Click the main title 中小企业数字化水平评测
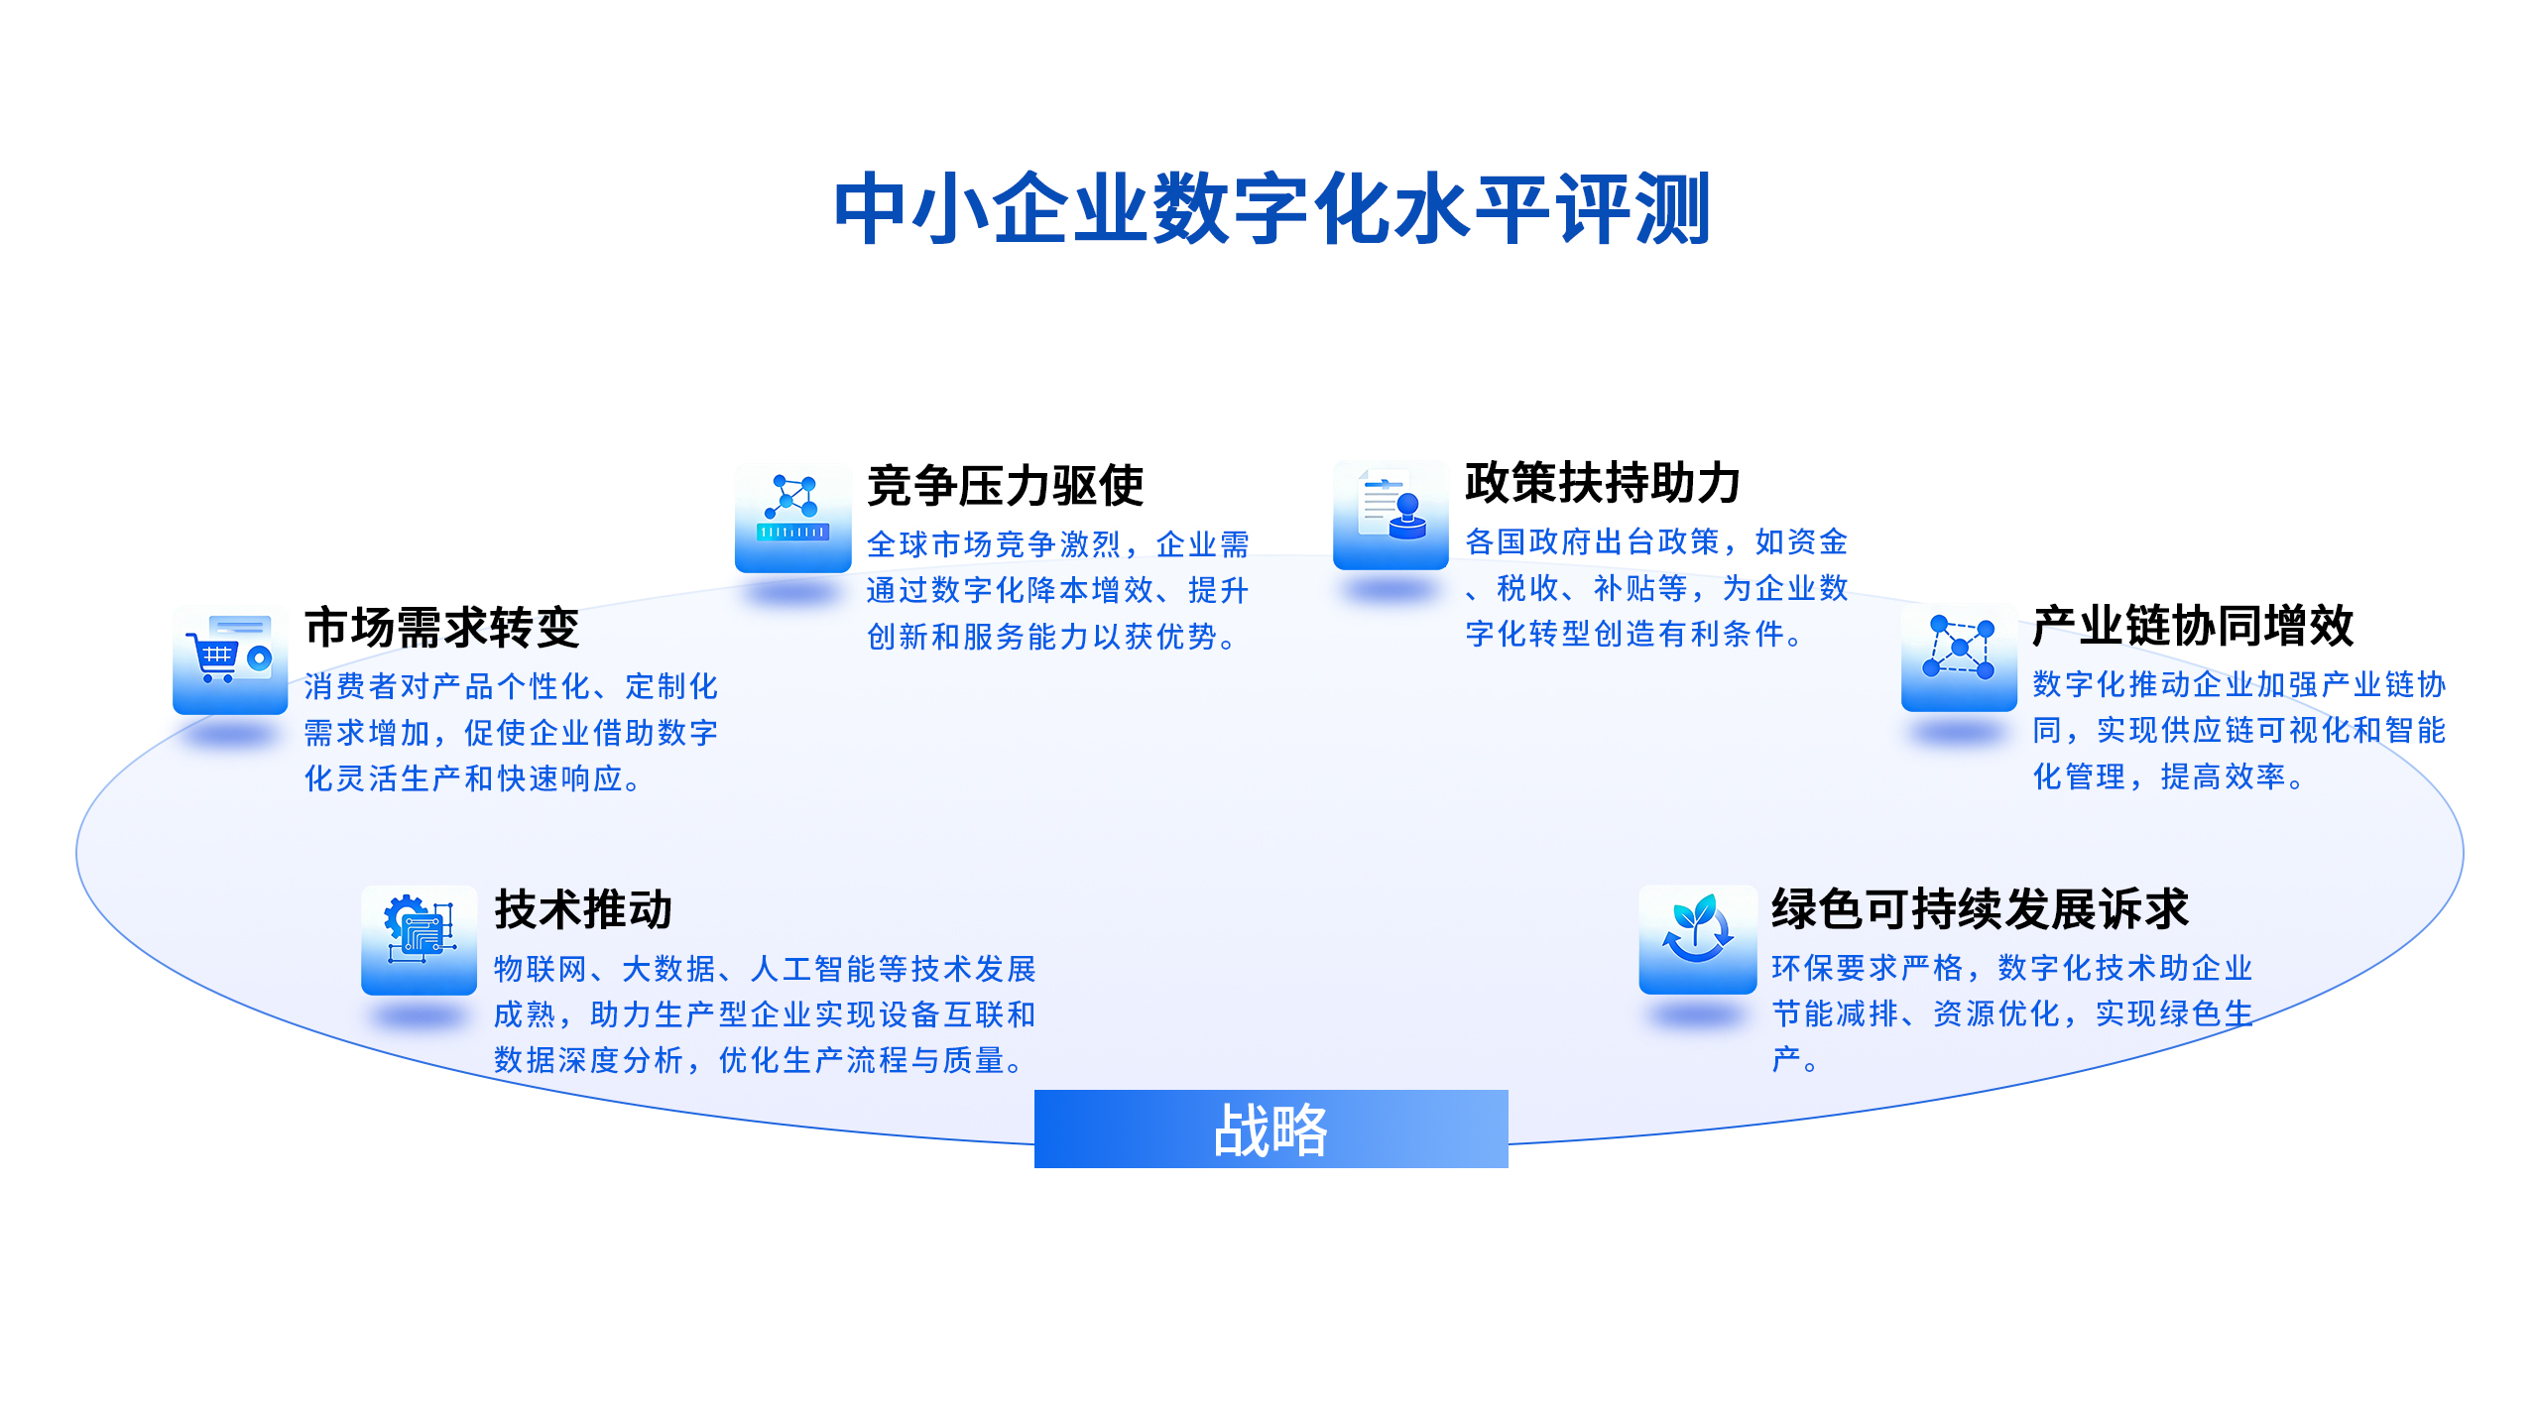tap(1271, 208)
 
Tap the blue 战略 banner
tap(1270, 1129)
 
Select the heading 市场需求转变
tap(441, 627)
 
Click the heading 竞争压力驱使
tap(1005, 485)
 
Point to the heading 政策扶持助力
tap(1603, 483)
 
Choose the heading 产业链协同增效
tap(2192, 626)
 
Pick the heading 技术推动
tap(583, 909)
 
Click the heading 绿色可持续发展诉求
tap(1980, 908)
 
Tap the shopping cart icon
tap(230, 659)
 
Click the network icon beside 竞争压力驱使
tap(792, 517)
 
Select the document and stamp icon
tap(1390, 515)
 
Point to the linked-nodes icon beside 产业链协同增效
tap(1959, 655)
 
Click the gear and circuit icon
tap(419, 940)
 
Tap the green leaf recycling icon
tap(1697, 939)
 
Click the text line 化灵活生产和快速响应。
tap(472, 778)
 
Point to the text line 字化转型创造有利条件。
tap(1633, 634)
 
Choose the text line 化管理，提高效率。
tap(2168, 776)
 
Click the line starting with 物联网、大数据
tap(765, 968)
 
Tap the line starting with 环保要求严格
tap(2012, 967)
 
